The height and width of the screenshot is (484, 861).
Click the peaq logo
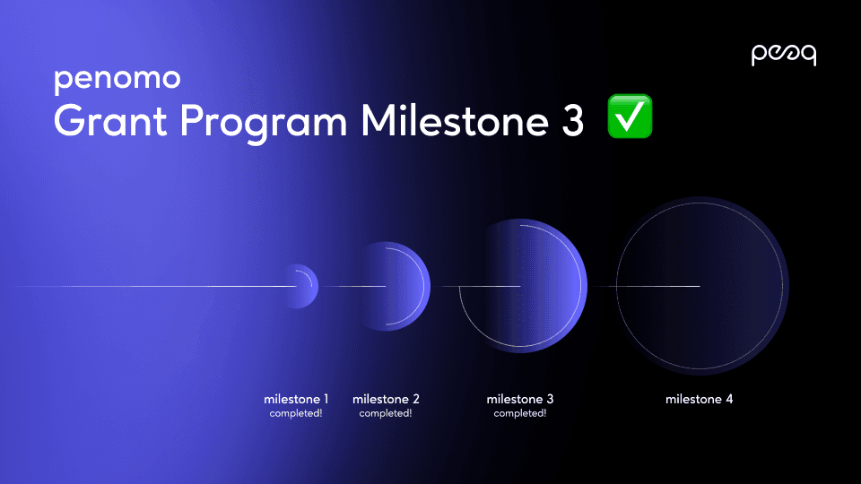coord(784,55)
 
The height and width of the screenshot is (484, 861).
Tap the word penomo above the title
coord(117,80)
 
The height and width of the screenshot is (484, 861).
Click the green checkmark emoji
coord(630,117)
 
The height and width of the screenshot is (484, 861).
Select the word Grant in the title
coord(110,120)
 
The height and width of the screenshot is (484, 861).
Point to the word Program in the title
coord(264,123)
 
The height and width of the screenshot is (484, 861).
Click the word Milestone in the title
coord(455,120)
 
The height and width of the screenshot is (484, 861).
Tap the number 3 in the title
coord(573,120)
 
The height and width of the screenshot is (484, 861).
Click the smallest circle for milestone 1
coord(301,286)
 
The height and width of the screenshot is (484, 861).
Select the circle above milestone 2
coord(396,286)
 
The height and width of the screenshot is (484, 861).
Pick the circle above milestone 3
coord(523,286)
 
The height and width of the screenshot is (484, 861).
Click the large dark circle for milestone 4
coord(700,286)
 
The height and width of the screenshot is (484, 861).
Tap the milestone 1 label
coord(296,399)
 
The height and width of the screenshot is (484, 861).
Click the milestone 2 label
coord(386,399)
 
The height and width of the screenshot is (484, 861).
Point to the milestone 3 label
coord(520,399)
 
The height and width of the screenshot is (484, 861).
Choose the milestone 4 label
coord(699,399)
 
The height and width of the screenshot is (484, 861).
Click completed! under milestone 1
coord(296,413)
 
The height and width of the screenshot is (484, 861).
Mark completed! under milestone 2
coord(386,413)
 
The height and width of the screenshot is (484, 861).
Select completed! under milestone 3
coord(520,413)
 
